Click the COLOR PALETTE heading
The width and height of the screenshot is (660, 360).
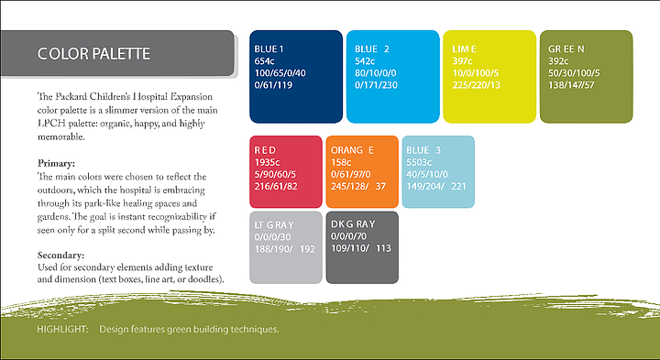point(93,54)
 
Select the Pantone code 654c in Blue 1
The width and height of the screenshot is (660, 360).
point(264,61)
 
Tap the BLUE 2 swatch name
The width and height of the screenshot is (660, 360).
point(372,49)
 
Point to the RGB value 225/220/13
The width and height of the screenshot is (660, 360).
point(477,85)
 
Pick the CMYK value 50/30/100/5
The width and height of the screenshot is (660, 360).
point(574,73)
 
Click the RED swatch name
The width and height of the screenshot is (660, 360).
point(265,150)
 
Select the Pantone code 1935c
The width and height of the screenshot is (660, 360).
point(267,162)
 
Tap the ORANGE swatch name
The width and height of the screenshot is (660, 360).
point(352,150)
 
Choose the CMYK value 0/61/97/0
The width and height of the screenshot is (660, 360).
point(350,174)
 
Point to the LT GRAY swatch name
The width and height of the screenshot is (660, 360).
point(274,225)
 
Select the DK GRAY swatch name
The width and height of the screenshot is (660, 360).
point(353,224)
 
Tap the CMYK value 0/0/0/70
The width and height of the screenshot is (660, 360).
point(348,236)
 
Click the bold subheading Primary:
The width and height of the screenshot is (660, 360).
point(56,163)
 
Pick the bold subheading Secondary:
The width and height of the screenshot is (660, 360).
point(60,256)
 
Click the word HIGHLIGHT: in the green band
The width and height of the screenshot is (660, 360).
point(62,329)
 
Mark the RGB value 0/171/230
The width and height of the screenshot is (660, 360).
point(376,85)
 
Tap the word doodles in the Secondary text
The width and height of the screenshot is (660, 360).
point(203,279)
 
